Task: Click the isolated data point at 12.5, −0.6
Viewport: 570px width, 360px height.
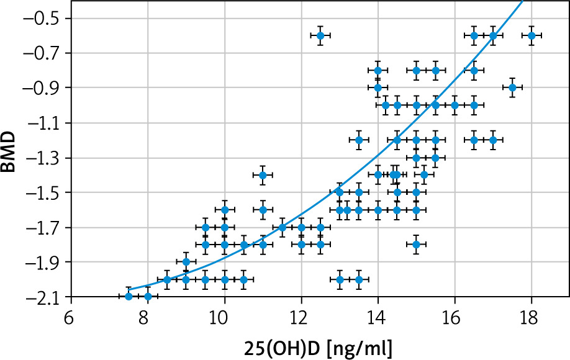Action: tap(320, 35)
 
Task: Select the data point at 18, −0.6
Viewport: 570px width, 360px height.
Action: tap(532, 35)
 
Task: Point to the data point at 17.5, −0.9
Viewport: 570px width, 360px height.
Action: tap(512, 88)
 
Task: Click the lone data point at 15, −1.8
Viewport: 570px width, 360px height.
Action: tap(416, 245)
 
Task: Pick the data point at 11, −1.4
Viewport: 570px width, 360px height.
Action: tap(263, 175)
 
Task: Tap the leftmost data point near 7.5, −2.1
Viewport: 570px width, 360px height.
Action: tap(129, 296)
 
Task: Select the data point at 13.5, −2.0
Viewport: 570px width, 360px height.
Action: tap(359, 279)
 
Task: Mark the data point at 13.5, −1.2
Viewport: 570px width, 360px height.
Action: tap(359, 140)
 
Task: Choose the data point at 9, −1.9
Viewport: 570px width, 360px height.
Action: tap(186, 262)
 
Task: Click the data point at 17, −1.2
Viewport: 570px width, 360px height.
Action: tap(493, 140)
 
